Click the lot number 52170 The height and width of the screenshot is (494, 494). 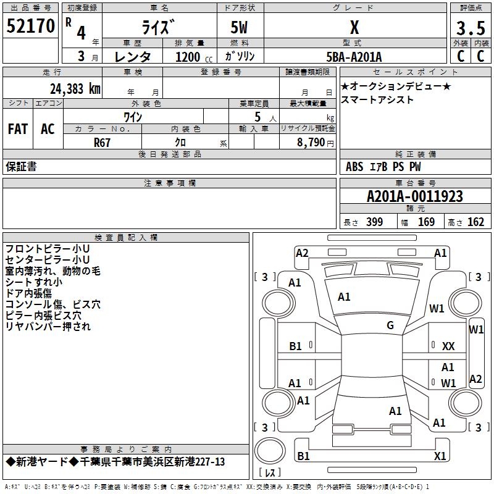click(30, 26)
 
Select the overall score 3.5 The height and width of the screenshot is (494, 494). click(471, 28)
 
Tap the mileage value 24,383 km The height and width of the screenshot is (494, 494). click(75, 89)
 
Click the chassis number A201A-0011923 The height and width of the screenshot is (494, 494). click(415, 196)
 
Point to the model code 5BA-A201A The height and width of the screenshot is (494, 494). click(354, 57)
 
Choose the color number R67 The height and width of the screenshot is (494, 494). click(102, 143)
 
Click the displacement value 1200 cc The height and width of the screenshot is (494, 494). click(194, 57)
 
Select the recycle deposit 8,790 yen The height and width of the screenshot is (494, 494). click(316, 143)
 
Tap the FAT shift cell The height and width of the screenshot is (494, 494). click(18, 129)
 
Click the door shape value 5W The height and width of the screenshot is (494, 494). click(239, 28)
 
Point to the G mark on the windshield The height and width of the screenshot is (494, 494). click(390, 325)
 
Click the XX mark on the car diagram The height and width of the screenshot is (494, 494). click(448, 346)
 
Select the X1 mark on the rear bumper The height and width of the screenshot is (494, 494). click(440, 456)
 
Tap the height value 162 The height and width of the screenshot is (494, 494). click(475, 222)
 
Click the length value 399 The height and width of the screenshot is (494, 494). click(375, 222)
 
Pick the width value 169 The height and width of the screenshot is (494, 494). click(426, 222)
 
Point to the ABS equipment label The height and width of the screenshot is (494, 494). click(354, 167)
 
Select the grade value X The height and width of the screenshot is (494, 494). click(354, 27)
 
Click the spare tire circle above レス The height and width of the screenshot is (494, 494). click(270, 451)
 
